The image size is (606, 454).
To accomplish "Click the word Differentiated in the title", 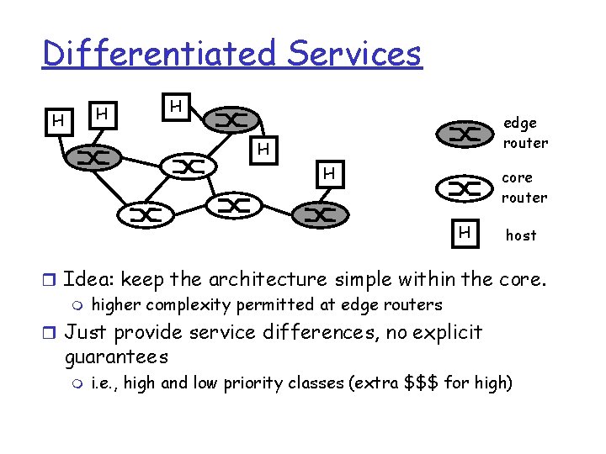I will point(159,54).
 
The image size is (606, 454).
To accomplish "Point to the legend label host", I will point(520,235).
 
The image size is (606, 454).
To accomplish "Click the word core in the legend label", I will point(517,178).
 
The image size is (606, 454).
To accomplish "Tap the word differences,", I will point(321,332).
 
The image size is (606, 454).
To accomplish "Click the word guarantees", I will point(116,356).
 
